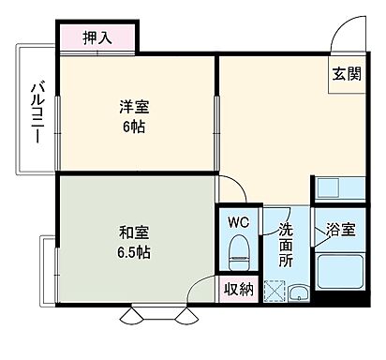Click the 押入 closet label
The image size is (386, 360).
point(97,38)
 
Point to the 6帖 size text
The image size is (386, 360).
point(131,127)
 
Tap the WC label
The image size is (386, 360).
point(238,223)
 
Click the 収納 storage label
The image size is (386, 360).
point(239,290)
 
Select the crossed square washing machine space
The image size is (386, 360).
point(276,288)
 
